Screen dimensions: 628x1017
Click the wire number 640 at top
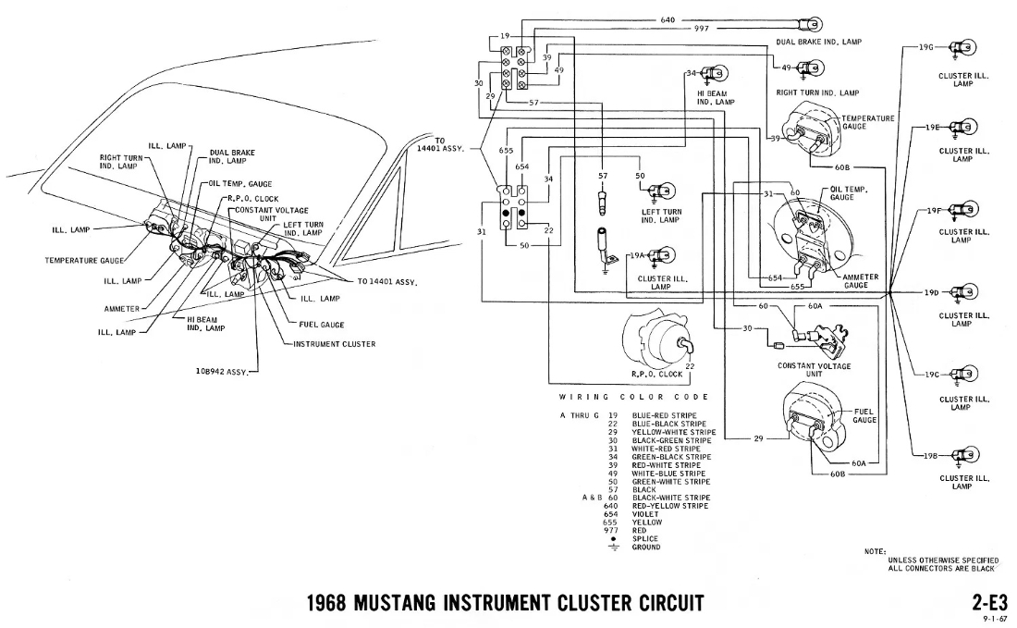(x=668, y=18)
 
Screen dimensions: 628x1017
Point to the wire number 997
(x=702, y=29)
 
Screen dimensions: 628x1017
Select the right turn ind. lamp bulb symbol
(x=811, y=68)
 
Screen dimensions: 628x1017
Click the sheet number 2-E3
(x=989, y=603)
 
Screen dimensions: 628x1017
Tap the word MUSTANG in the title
(x=423, y=604)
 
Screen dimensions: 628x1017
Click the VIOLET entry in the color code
(x=647, y=513)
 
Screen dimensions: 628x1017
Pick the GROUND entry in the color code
(x=647, y=548)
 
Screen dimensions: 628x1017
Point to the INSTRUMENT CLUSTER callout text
(x=334, y=344)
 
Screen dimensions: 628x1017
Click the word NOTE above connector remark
(x=875, y=551)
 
